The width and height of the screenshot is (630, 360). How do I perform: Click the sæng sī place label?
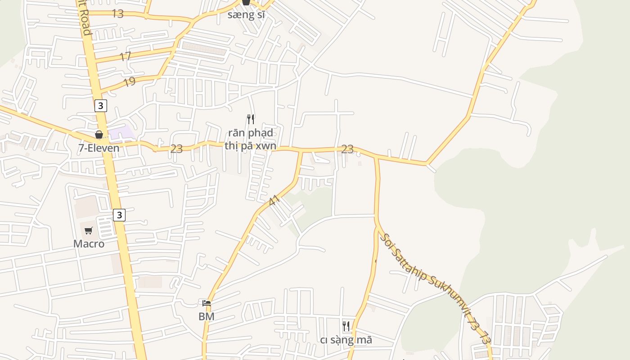[x=246, y=14]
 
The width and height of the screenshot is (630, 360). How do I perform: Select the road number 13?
[x=117, y=13]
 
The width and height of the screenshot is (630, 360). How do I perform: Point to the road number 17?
[x=125, y=57]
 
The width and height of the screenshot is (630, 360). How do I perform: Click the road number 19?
[x=129, y=82]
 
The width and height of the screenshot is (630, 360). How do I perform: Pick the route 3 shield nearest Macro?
[x=119, y=215]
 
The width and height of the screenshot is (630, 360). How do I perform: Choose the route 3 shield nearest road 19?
[x=101, y=106]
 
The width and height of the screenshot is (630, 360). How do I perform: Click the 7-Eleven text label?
[x=99, y=148]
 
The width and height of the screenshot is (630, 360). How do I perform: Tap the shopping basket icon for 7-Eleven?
[x=99, y=135]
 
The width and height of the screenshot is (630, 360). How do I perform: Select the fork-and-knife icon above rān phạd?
[x=251, y=119]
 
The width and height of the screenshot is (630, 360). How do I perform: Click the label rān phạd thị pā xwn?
[x=250, y=139]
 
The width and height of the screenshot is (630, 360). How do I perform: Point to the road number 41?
[x=274, y=201]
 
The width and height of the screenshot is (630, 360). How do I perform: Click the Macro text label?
[x=89, y=244]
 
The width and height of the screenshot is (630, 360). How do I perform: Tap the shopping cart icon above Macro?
[x=89, y=231]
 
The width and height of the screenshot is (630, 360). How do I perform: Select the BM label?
[x=206, y=316]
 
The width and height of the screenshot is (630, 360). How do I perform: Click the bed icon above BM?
[x=207, y=303]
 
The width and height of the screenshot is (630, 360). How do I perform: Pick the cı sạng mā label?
[x=346, y=340]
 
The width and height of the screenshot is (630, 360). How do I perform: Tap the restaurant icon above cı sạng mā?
[x=346, y=326]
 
